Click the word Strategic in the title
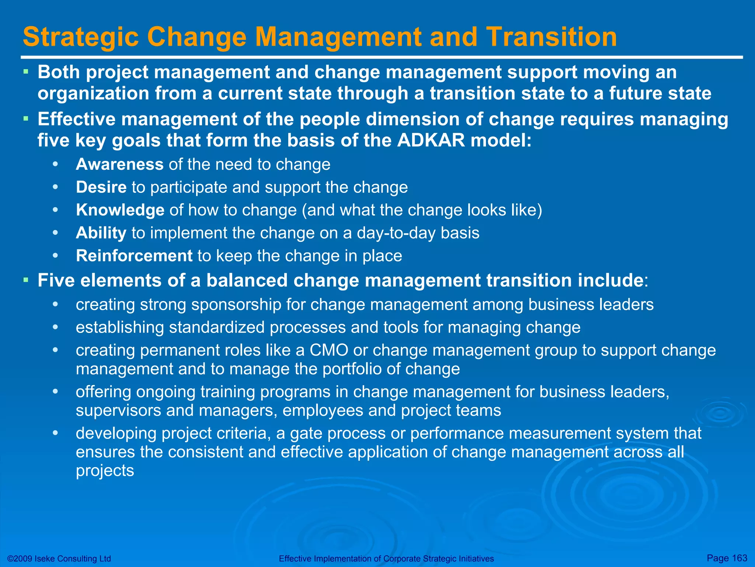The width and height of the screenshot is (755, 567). (81, 37)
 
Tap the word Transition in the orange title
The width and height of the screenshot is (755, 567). (551, 37)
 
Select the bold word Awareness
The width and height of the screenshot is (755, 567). (119, 164)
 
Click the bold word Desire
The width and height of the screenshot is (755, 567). (101, 187)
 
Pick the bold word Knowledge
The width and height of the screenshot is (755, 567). (120, 210)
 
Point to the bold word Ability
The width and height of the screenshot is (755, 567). (101, 233)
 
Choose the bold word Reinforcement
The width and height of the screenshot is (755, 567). (134, 256)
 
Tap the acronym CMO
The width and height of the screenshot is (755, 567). (329, 350)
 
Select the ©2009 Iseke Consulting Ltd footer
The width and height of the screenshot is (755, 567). (59, 559)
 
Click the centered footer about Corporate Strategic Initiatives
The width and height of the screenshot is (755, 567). (386, 559)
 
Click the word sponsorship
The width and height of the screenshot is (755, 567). (236, 305)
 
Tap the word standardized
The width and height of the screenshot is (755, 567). (216, 327)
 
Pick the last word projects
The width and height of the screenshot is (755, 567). (105, 471)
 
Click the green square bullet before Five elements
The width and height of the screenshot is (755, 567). (26, 280)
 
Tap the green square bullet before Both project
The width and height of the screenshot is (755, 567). (26, 72)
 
